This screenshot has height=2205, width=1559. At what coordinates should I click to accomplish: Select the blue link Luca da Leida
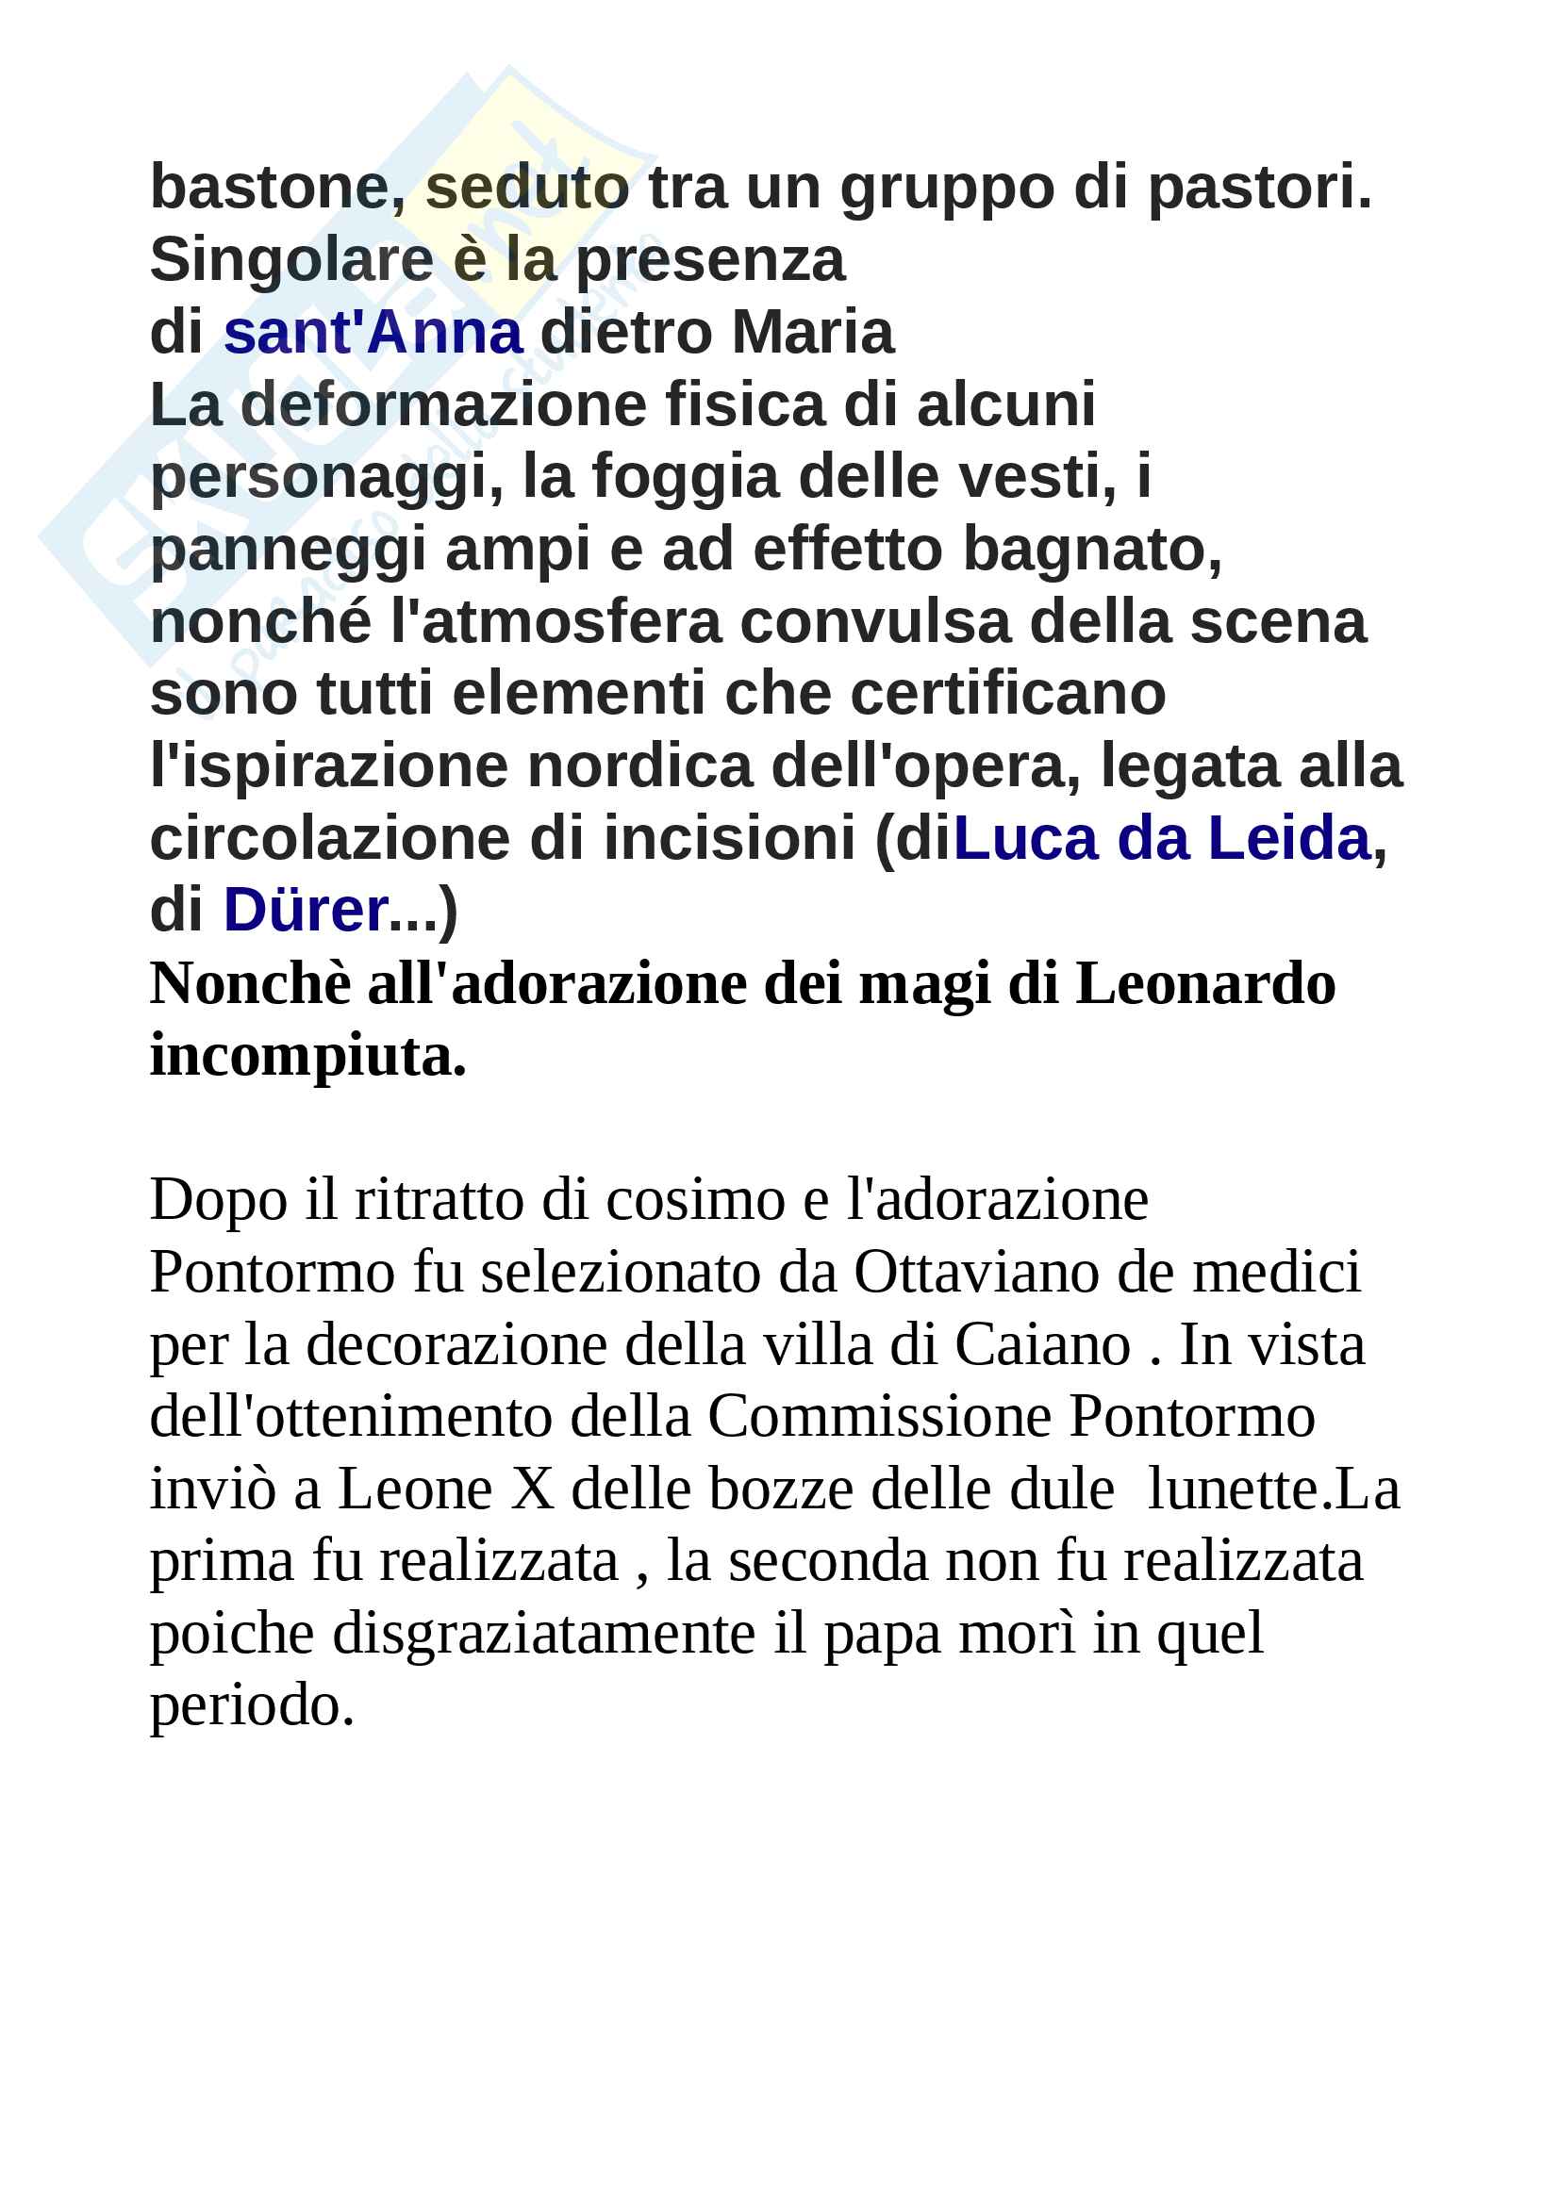[x=1161, y=838]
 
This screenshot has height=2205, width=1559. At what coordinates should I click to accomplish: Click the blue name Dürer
[x=306, y=911]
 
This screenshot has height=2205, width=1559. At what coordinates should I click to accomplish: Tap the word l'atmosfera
[x=556, y=622]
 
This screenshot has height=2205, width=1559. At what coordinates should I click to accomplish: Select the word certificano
[x=1007, y=695]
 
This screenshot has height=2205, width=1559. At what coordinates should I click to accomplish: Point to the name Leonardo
[x=1204, y=984]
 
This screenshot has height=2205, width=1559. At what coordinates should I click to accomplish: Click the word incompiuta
[x=307, y=1057]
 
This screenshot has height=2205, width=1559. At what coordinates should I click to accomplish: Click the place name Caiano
[x=1042, y=1345]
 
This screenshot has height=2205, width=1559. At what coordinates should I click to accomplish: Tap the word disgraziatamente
[x=543, y=1635]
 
